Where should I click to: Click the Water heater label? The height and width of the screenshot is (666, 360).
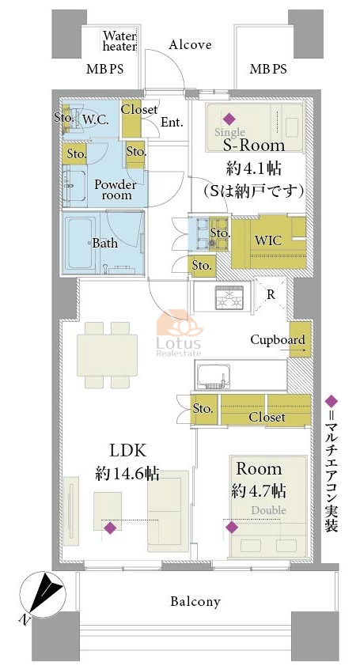click(x=119, y=41)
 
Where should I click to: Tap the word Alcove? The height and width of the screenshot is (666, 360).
click(x=190, y=45)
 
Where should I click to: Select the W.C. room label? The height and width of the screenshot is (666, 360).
click(x=96, y=119)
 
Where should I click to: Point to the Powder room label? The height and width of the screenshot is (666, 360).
click(x=116, y=190)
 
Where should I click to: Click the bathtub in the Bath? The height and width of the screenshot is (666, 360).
click(x=81, y=243)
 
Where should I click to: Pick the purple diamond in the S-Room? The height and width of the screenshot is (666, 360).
click(x=229, y=119)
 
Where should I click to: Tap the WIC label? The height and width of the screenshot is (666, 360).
click(x=268, y=240)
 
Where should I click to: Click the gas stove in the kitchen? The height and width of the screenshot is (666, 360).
click(x=229, y=297)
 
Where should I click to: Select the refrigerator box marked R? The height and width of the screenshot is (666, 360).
click(x=271, y=294)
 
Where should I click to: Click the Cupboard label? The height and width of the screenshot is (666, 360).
click(x=278, y=340)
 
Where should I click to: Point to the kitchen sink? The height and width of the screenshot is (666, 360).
click(x=214, y=376)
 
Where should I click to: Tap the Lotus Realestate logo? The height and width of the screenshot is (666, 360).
click(x=180, y=333)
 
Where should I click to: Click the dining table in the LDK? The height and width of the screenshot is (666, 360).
click(x=107, y=354)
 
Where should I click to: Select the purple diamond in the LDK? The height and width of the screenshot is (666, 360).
click(x=110, y=528)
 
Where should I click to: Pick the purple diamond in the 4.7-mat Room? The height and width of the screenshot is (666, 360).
click(x=232, y=527)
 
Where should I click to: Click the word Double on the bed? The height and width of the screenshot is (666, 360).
click(x=268, y=510)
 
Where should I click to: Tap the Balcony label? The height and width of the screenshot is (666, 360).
click(x=195, y=601)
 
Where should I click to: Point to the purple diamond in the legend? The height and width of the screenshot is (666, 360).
click(x=331, y=400)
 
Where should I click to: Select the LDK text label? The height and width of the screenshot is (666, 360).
click(x=128, y=451)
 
